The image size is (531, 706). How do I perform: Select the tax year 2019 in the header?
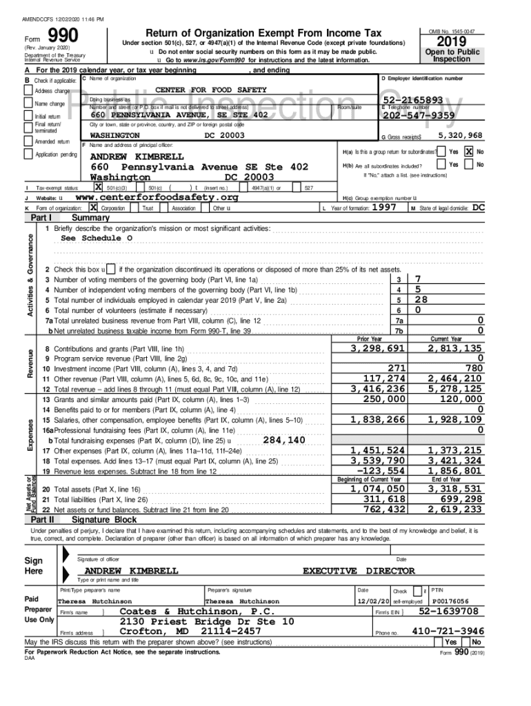pos(451,43)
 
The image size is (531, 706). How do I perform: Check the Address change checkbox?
pos(28,91)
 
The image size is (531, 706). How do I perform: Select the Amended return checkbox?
pos(28,141)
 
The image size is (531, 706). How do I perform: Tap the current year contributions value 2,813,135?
pos(455,349)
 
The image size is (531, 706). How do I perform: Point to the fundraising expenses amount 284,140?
pos(284,440)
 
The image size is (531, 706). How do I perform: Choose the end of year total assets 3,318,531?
pos(455,489)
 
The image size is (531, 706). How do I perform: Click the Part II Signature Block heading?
pos(104,519)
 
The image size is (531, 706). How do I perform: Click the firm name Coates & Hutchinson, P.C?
pos(198,612)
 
